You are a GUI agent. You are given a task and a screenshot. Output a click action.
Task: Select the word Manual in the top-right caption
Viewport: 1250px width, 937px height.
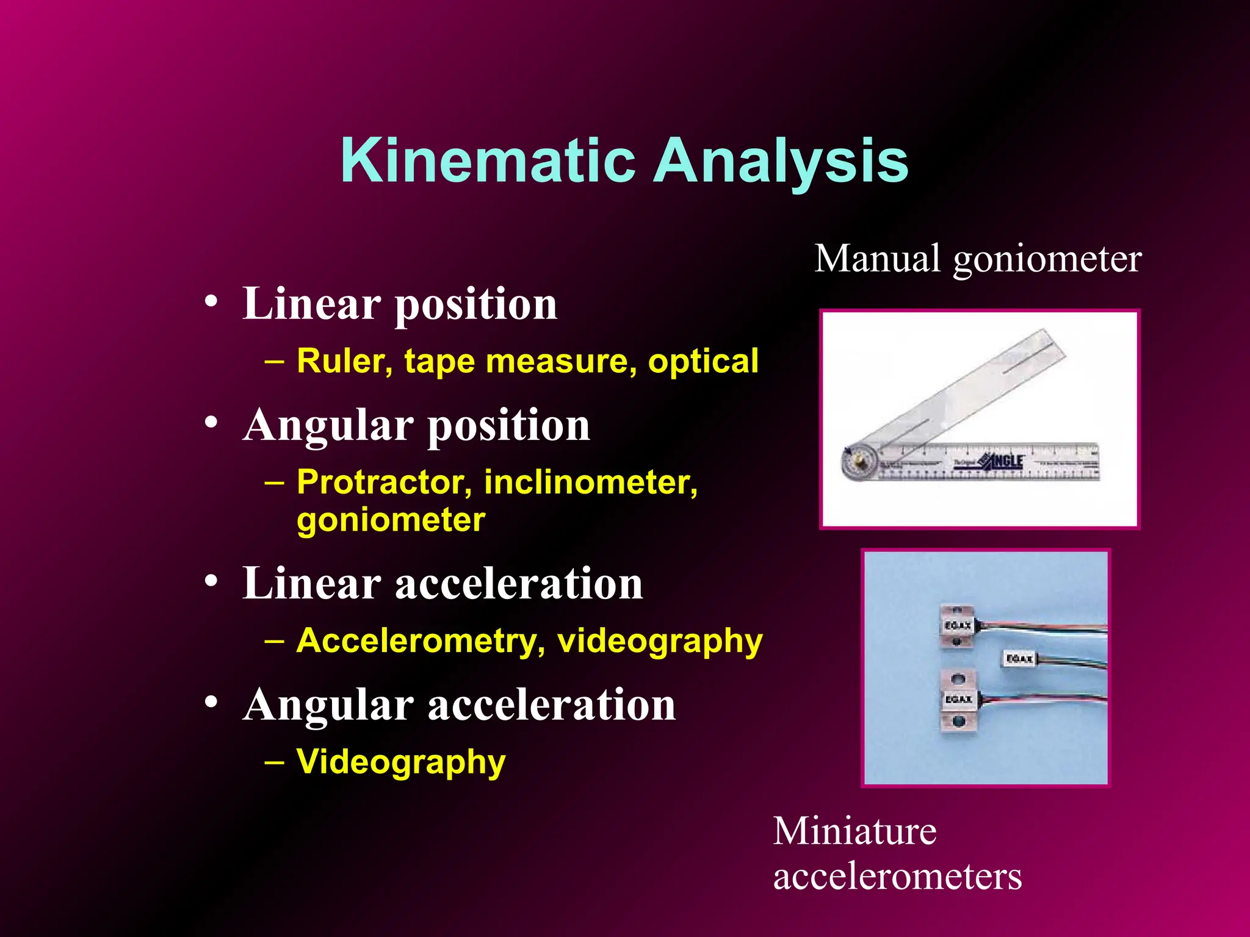tap(877, 259)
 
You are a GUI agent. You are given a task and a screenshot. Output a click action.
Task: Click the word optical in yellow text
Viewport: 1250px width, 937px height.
tap(703, 361)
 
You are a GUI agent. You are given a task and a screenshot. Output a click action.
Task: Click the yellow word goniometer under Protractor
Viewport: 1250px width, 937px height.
tap(391, 520)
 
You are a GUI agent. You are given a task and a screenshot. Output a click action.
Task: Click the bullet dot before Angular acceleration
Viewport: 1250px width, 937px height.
tap(211, 702)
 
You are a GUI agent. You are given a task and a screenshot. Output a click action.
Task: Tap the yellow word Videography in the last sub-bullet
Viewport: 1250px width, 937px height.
tap(401, 761)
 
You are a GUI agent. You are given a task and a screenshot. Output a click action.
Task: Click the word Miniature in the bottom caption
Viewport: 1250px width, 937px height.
tap(854, 831)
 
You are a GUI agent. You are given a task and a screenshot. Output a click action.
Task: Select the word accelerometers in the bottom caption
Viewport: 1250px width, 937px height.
tap(897, 877)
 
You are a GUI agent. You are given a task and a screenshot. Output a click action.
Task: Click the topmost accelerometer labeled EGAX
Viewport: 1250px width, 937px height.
tap(957, 626)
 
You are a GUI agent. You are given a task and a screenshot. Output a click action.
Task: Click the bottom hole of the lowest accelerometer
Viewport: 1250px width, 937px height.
tap(958, 722)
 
